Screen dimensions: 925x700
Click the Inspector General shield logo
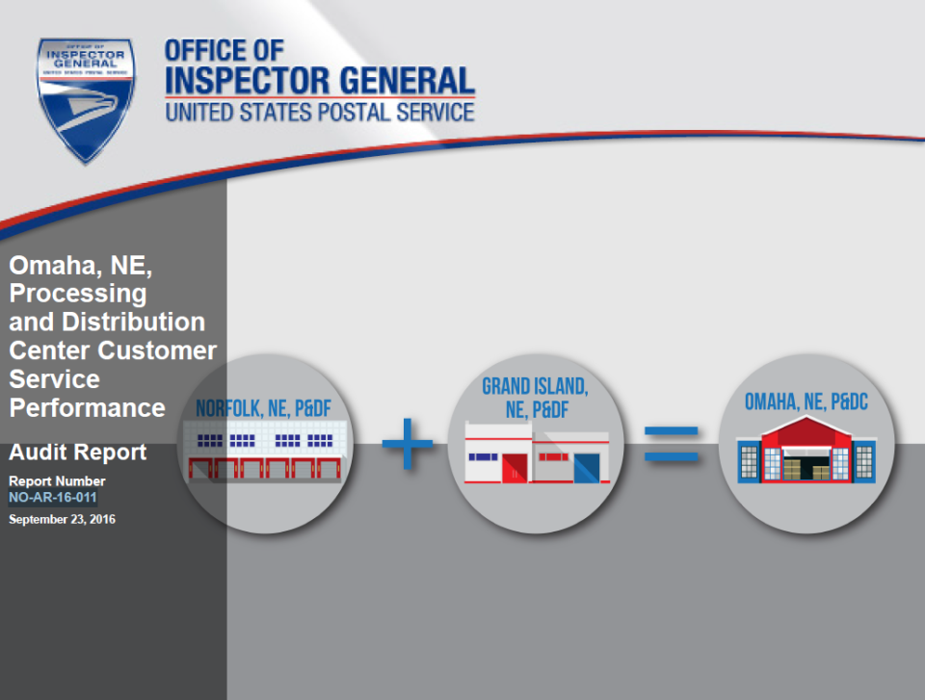(86, 100)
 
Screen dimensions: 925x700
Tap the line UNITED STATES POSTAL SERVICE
(320, 112)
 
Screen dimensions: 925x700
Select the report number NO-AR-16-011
(52, 497)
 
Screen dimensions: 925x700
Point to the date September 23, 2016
(62, 520)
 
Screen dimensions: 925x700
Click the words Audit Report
(77, 452)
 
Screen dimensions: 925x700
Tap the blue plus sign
(407, 444)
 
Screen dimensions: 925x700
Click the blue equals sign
(672, 444)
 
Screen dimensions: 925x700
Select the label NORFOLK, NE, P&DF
(263, 408)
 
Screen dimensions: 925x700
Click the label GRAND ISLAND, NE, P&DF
(535, 398)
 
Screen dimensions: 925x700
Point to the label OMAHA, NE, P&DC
(806, 402)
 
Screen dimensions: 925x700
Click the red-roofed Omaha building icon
(806, 450)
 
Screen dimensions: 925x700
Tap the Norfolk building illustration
(264, 452)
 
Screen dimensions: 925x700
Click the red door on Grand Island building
(514, 468)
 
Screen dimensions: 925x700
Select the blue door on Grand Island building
(587, 468)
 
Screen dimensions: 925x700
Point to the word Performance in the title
(88, 408)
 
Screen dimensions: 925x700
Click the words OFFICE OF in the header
(225, 51)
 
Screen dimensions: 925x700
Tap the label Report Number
(57, 481)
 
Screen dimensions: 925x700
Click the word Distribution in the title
(133, 322)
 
